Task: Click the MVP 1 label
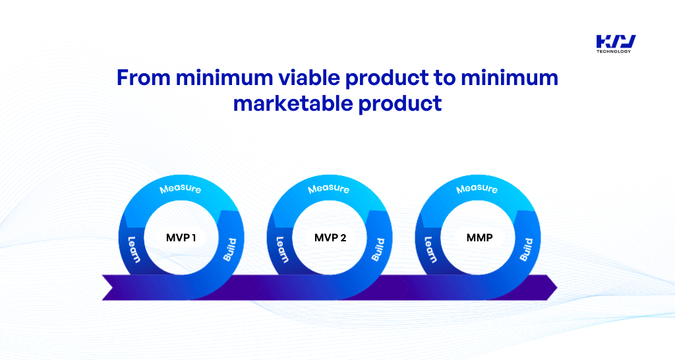click(181, 237)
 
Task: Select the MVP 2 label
click(330, 237)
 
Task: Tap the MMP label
click(479, 237)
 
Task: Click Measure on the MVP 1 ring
click(181, 189)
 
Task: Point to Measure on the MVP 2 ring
click(328, 189)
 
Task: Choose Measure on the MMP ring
click(477, 189)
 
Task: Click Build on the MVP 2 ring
click(378, 249)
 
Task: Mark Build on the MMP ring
click(526, 249)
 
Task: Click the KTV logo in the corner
click(616, 41)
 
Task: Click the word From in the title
click(143, 78)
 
